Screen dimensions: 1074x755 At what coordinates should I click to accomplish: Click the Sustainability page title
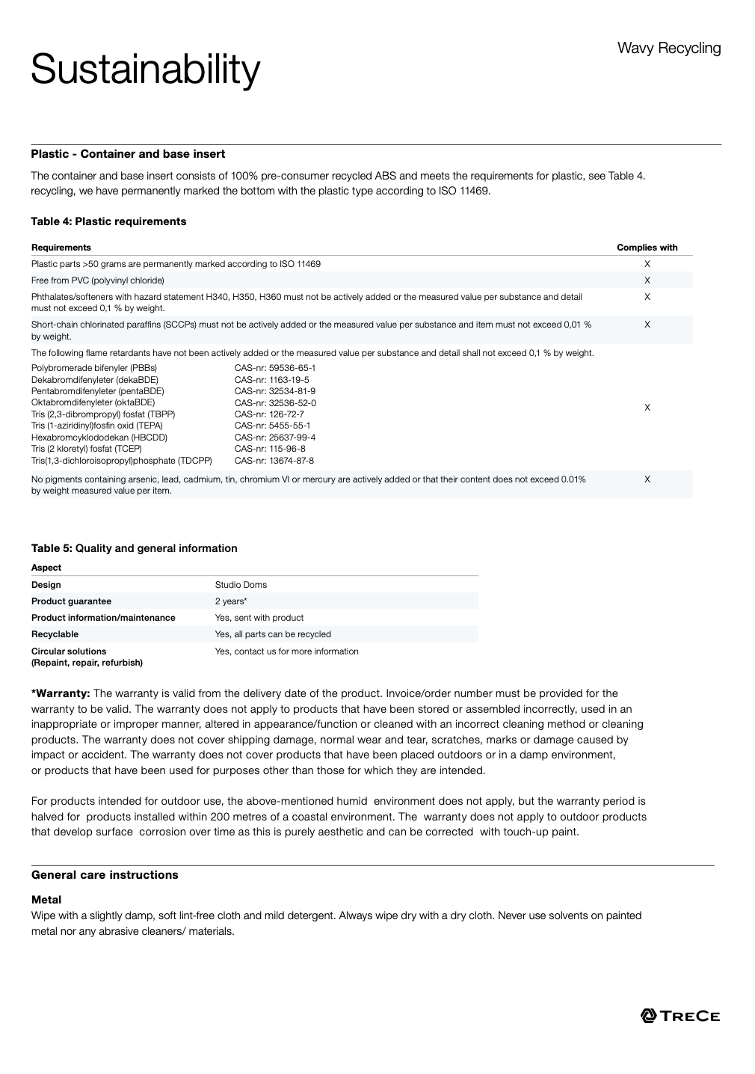coord(146,70)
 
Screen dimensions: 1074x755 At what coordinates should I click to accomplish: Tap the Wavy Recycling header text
coord(668,49)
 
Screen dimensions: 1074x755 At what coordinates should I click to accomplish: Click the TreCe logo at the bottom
coord(680,1016)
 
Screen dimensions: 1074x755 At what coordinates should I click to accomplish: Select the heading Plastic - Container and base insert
coord(128,154)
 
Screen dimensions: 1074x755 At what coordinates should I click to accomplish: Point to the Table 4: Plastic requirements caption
coord(108,221)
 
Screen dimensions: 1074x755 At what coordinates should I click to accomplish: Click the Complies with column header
coord(647,248)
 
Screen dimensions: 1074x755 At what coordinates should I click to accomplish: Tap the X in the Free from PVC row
coord(647,280)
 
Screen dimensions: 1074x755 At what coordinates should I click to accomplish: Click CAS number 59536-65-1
coord(275,368)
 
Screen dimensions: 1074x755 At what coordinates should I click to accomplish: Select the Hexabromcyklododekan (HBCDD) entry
coord(99,438)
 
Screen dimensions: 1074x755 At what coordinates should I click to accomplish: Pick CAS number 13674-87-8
coord(274,461)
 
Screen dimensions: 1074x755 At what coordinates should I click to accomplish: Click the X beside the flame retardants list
coord(647,408)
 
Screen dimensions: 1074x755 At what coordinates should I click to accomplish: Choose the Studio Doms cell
coord(241,585)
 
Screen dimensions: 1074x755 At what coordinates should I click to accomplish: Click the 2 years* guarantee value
coord(231,601)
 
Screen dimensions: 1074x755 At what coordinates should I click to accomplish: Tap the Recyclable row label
coord(55,634)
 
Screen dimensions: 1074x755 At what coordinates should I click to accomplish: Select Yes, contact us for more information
coord(286,651)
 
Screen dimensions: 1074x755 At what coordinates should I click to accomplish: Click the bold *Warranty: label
coord(61,693)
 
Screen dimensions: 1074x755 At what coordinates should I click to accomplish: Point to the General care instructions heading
coord(105,875)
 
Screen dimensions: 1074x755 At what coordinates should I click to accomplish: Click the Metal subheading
coord(46,900)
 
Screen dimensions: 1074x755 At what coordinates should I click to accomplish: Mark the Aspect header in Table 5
coord(46,568)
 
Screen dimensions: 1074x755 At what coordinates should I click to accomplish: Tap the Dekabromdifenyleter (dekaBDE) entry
coord(95,380)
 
